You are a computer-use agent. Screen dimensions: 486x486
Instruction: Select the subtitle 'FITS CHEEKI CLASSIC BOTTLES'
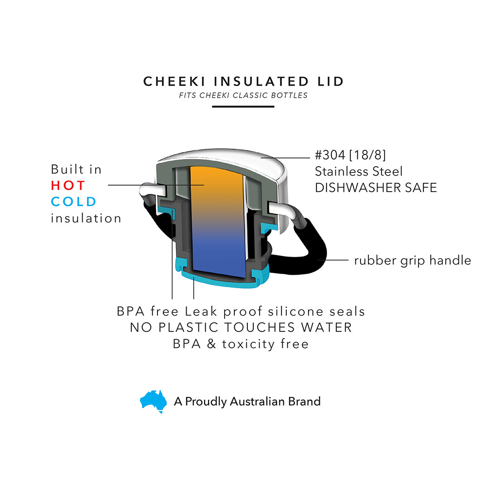click(243, 95)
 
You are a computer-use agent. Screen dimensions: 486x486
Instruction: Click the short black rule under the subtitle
click(243, 106)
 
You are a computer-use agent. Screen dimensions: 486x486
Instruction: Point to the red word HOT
click(68, 186)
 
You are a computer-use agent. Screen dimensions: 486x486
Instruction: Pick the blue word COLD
click(74, 202)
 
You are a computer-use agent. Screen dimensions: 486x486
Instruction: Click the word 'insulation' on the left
click(86, 218)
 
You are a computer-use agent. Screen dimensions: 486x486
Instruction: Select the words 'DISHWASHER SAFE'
click(376, 188)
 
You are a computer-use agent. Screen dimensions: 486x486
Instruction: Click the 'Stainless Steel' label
click(359, 172)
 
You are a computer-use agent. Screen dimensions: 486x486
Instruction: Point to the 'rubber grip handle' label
click(412, 260)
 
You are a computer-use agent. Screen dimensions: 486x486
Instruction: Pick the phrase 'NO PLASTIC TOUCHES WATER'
click(241, 328)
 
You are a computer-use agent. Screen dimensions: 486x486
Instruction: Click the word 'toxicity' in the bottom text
click(248, 344)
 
